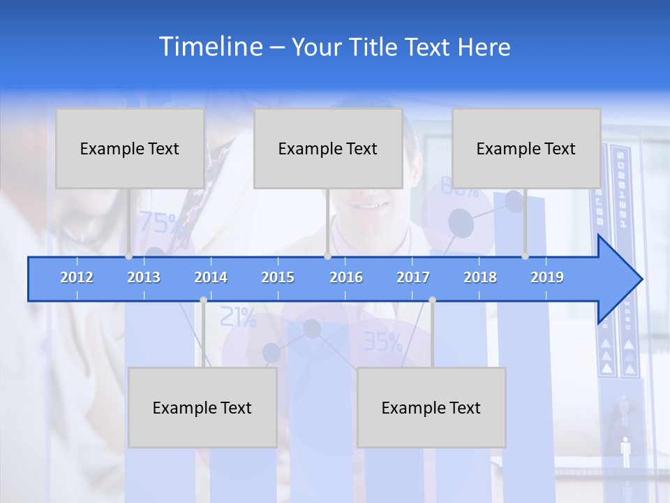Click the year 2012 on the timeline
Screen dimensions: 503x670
tap(77, 277)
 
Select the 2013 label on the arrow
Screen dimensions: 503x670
tap(144, 277)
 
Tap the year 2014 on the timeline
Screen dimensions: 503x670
tap(211, 277)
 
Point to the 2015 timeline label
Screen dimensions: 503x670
tap(278, 277)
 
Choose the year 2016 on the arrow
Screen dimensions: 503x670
tap(346, 277)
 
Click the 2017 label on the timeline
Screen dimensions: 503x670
tap(413, 277)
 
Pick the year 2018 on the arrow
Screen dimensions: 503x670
tap(480, 277)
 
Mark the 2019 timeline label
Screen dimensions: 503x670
tap(547, 277)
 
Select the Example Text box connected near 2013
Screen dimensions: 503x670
tap(130, 149)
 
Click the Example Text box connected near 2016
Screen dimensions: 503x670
tap(328, 149)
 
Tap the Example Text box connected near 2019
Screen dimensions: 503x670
tap(526, 149)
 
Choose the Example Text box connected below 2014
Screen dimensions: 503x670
tap(202, 408)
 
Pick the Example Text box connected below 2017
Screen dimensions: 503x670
tap(431, 408)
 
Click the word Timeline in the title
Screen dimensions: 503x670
tap(210, 47)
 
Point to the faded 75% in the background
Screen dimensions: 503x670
tap(162, 223)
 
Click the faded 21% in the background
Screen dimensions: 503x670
tap(238, 318)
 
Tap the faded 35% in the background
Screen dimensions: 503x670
tap(382, 342)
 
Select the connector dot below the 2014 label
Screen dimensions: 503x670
tap(203, 300)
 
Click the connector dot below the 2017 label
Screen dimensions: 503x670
tap(432, 300)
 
